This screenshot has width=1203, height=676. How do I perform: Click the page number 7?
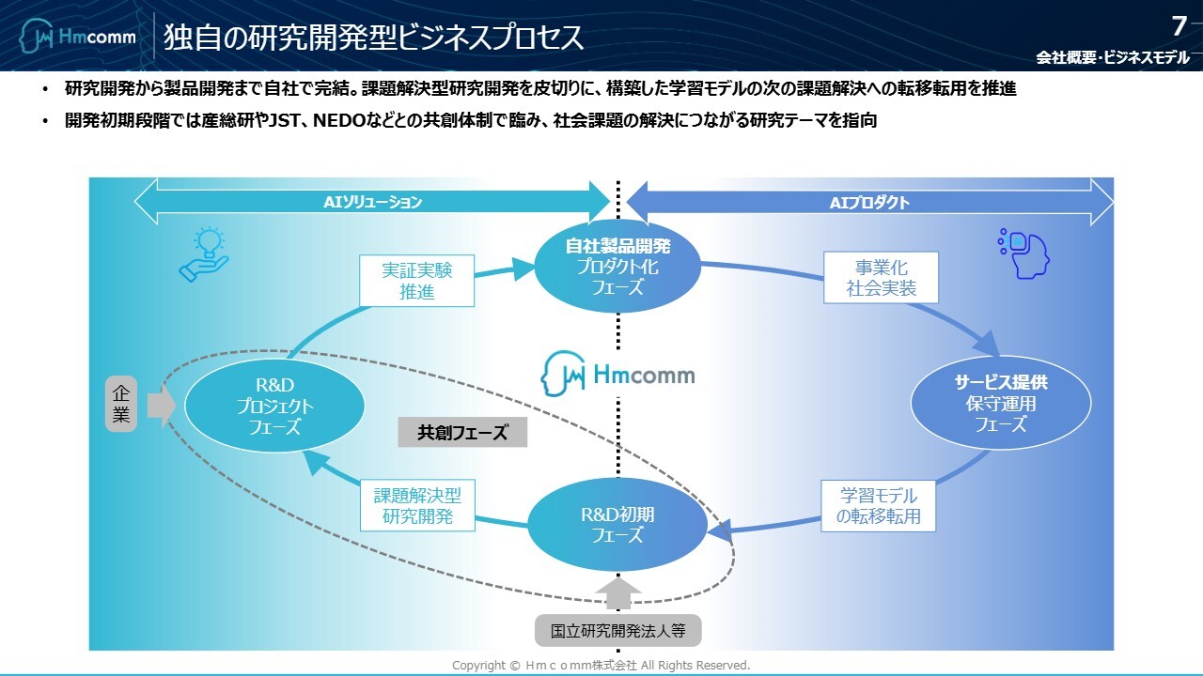point(1179,25)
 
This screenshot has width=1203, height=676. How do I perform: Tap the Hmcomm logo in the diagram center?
point(617,375)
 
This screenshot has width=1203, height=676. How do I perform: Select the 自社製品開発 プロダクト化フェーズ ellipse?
point(617,267)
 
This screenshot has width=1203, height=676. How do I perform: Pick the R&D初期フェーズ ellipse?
point(617,525)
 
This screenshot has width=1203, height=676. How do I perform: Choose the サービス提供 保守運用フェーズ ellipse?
point(1000,404)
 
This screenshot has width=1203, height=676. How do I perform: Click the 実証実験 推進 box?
point(416,281)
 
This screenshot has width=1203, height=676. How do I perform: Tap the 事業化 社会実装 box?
point(881,278)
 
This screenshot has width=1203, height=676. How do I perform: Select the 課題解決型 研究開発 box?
point(417,505)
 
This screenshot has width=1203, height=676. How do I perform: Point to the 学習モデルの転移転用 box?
point(878,505)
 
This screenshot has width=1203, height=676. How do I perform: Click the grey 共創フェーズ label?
point(461,432)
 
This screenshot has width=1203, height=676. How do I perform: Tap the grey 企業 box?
point(120,404)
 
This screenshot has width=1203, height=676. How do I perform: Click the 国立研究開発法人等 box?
point(617,629)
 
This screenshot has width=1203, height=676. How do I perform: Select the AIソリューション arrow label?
point(373,202)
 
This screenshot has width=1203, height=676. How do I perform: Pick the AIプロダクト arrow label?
point(869,202)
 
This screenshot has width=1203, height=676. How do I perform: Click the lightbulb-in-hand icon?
point(204,255)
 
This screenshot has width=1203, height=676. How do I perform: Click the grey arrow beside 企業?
point(161,406)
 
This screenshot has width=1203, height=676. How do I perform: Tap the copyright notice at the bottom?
point(601,665)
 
